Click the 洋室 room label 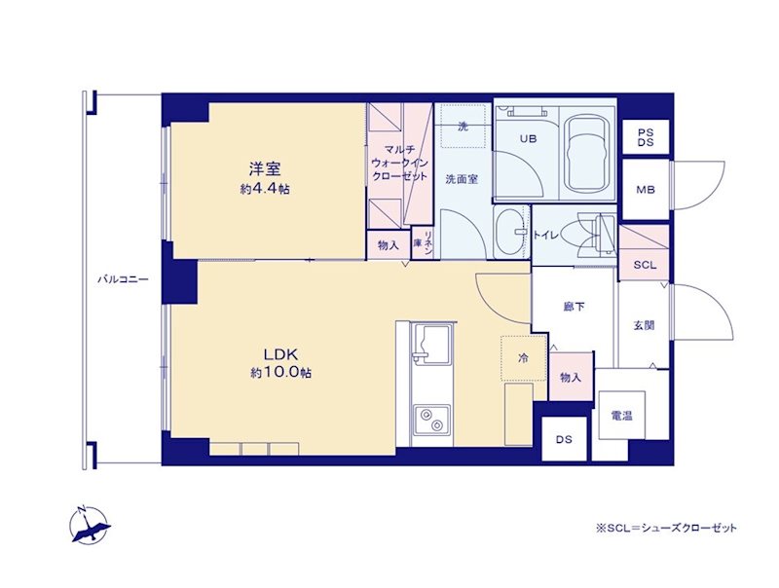click(x=265, y=168)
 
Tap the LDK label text click(x=280, y=354)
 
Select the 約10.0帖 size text click(x=280, y=373)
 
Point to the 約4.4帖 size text click(x=265, y=189)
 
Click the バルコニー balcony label click(x=123, y=279)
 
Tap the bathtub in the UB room click(x=588, y=153)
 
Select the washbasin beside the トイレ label click(x=510, y=233)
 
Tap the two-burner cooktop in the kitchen click(x=431, y=420)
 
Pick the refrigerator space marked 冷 click(x=524, y=358)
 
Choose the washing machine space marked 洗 click(x=464, y=126)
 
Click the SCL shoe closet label click(x=645, y=265)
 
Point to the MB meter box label click(x=646, y=189)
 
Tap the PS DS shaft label click(x=646, y=137)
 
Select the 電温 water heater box click(x=622, y=415)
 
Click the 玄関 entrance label click(x=644, y=325)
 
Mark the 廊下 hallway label click(x=574, y=307)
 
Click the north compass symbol click(x=90, y=525)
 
